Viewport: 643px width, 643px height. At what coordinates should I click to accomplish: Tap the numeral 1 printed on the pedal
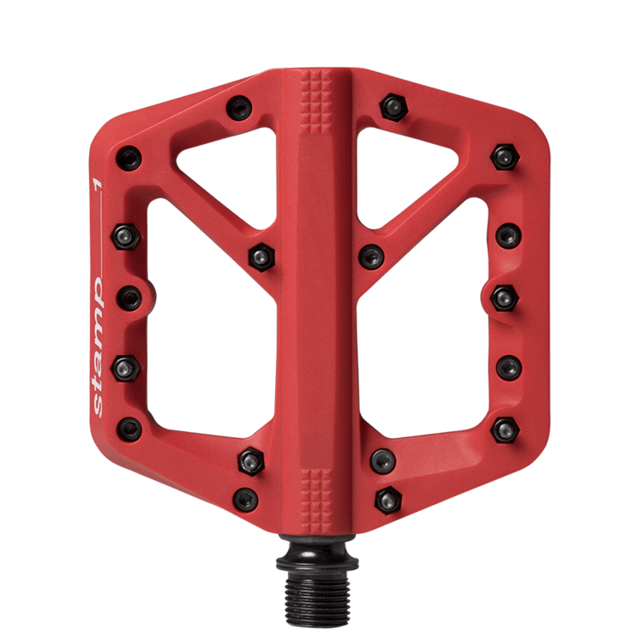(x=97, y=182)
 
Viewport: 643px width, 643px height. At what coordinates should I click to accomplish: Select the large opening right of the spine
(x=429, y=343)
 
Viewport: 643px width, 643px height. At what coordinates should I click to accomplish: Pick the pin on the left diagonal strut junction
(x=260, y=255)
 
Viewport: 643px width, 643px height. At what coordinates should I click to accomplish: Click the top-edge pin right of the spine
(x=394, y=106)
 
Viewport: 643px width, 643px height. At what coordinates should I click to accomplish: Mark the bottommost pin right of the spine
(x=388, y=497)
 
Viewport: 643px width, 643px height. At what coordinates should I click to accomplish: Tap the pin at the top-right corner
(x=502, y=156)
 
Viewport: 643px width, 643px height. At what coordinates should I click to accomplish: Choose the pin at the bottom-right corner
(x=506, y=428)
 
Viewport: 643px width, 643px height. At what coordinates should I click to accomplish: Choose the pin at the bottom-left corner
(x=129, y=428)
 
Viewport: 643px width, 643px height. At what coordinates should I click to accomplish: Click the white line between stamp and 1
(x=97, y=249)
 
